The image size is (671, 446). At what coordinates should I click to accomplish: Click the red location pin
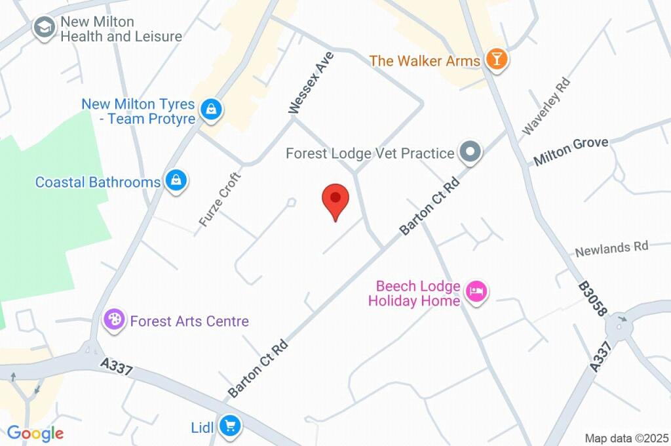[336, 199]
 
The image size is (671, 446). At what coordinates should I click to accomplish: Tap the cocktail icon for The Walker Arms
[497, 60]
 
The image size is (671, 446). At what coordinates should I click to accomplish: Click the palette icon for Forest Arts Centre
[115, 321]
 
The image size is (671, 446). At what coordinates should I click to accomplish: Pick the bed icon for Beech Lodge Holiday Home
[476, 291]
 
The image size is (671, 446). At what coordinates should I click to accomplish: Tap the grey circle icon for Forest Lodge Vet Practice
[470, 153]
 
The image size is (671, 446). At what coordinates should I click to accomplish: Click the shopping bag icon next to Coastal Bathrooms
[176, 182]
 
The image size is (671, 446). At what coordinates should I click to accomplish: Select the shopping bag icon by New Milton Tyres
[211, 110]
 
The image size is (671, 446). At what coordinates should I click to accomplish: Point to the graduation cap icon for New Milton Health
[45, 28]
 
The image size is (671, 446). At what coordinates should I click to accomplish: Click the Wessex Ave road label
[312, 83]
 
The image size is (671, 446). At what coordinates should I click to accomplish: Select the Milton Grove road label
[571, 151]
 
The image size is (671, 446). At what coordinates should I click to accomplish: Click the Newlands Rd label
[611, 249]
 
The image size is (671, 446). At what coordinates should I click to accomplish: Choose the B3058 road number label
[592, 300]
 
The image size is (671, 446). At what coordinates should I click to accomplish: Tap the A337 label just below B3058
[604, 356]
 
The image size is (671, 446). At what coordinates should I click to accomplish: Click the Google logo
[35, 434]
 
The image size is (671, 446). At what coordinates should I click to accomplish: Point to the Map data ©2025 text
[627, 438]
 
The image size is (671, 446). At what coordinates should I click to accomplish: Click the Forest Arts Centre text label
[189, 321]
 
